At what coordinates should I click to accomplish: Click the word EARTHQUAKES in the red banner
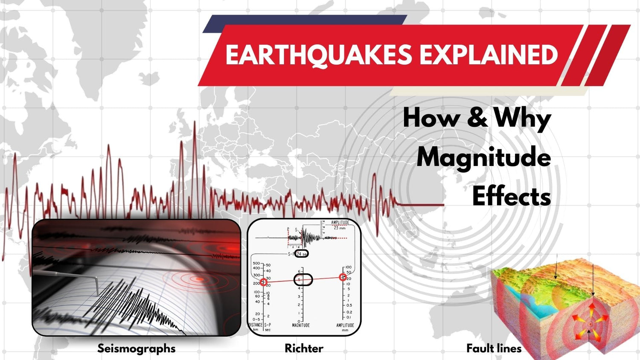click(x=318, y=55)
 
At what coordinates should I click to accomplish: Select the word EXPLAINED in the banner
click(x=488, y=55)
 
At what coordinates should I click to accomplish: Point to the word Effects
click(x=511, y=197)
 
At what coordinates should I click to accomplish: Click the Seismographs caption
click(x=136, y=348)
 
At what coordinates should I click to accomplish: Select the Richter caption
click(x=304, y=348)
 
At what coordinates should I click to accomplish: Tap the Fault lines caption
click(x=494, y=348)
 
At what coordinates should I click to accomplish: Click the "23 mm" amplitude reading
click(x=340, y=228)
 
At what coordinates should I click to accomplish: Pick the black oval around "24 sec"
click(x=302, y=254)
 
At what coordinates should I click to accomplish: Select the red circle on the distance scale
click(x=264, y=282)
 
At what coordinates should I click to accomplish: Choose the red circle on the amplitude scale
click(x=343, y=277)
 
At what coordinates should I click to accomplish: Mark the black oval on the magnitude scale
click(x=303, y=280)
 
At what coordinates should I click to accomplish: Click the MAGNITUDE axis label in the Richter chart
click(x=301, y=325)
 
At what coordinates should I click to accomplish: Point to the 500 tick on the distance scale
click(x=256, y=264)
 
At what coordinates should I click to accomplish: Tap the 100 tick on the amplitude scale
click(x=348, y=267)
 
